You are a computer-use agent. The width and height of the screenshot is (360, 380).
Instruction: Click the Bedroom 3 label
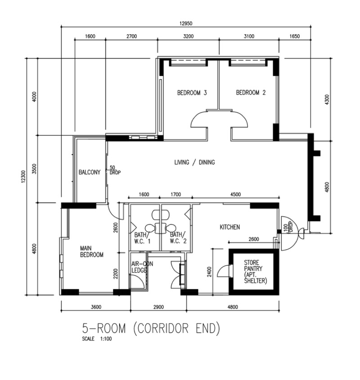point(192,93)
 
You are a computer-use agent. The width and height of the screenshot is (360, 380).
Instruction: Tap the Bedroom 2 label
point(251,93)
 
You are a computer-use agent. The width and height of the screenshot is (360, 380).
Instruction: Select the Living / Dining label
point(194,162)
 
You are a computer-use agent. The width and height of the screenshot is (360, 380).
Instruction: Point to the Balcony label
point(90,172)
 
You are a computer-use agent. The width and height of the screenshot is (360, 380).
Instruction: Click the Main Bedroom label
point(92,251)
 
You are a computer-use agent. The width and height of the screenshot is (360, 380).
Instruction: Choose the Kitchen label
point(230,227)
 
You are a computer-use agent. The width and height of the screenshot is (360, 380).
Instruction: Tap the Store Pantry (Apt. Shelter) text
point(256,272)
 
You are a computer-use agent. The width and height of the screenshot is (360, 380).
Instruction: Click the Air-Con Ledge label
point(142,267)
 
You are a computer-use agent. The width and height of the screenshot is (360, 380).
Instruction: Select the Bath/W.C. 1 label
point(142,238)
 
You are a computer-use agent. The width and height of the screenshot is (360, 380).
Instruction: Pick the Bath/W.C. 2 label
point(178,238)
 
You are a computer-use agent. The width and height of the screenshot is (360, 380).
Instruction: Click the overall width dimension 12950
point(186,23)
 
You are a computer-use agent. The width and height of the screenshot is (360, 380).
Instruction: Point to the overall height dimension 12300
point(23,177)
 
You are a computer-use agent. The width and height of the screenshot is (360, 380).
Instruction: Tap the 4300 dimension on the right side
point(327,99)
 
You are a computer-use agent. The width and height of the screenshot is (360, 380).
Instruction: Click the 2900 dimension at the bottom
point(159,307)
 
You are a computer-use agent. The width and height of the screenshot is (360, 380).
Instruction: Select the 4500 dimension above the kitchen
point(235,194)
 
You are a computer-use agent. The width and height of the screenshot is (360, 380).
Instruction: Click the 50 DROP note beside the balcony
point(115,170)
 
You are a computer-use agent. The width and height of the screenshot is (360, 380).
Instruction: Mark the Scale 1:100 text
point(97,339)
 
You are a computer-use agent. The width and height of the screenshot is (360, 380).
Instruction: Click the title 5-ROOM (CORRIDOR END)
point(151,328)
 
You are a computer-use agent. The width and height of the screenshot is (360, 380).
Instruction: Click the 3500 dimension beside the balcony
point(34,169)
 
